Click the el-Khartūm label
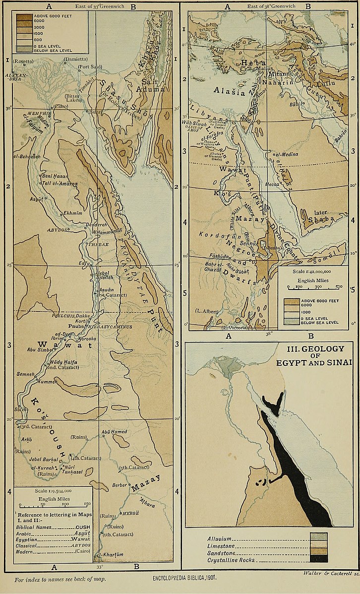[x=109, y=554]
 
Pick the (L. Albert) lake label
[x=205, y=311]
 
